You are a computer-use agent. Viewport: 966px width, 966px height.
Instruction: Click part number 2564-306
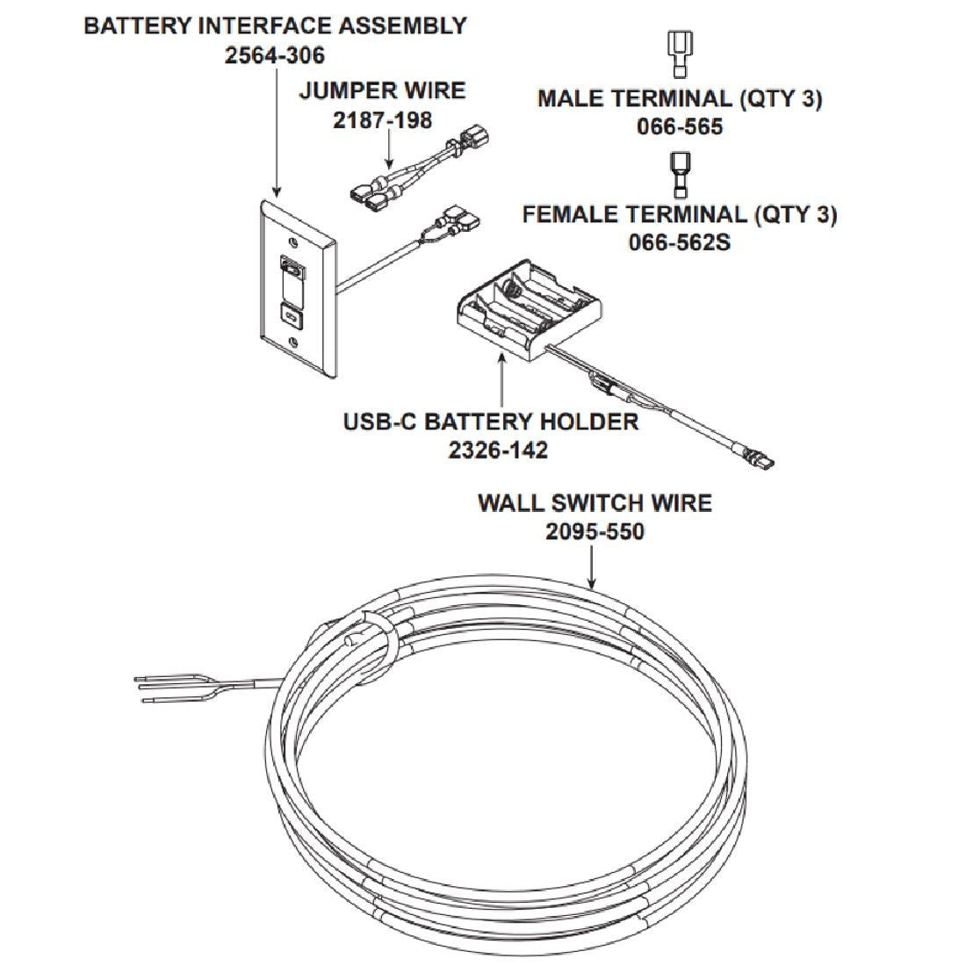click(x=274, y=54)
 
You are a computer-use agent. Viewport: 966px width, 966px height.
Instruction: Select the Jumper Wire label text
click(x=382, y=90)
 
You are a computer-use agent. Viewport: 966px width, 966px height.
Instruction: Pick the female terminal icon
click(x=679, y=174)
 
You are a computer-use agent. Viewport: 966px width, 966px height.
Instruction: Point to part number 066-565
click(x=679, y=126)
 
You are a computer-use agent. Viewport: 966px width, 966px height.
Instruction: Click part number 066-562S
click(x=679, y=241)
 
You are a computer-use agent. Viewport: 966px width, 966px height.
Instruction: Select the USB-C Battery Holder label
click(x=490, y=422)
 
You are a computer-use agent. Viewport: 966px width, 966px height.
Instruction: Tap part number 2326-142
click(x=498, y=451)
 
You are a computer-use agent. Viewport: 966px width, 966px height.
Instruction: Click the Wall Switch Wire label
click(x=595, y=503)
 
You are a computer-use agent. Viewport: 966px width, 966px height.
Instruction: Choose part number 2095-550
click(x=595, y=531)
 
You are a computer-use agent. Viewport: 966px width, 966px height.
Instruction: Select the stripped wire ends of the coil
click(x=167, y=688)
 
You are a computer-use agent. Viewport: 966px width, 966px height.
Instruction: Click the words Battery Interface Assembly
click(x=275, y=25)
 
